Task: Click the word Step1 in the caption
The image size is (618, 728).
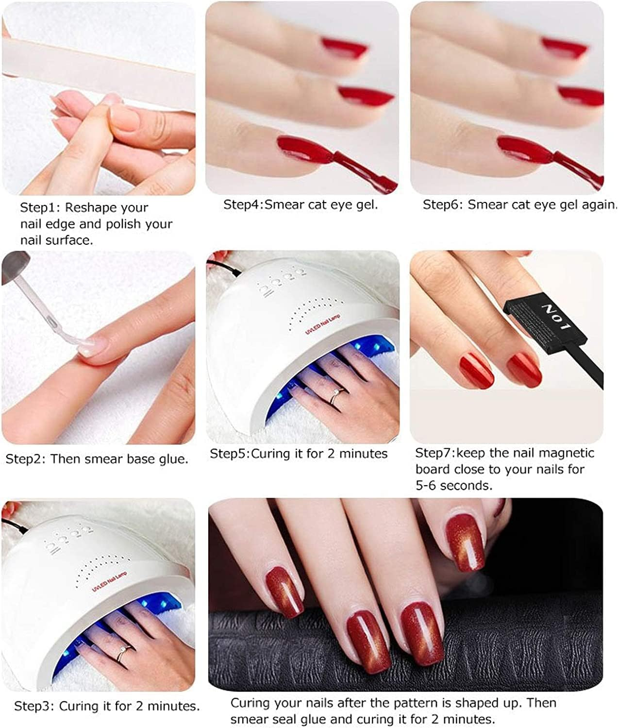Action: (37, 208)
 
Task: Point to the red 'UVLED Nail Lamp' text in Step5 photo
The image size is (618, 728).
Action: (323, 324)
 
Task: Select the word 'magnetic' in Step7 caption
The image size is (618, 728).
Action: (567, 453)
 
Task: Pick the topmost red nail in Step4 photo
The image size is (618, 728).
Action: (345, 47)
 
